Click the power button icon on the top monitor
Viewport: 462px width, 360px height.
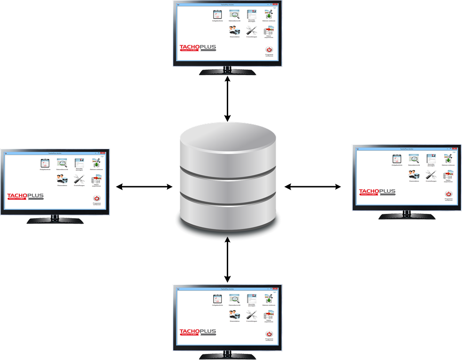269,49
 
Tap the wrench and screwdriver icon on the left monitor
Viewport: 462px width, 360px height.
79,178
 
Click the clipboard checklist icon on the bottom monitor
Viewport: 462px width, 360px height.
217,298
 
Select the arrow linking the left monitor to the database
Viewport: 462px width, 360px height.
145,187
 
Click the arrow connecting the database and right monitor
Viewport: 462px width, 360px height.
313,187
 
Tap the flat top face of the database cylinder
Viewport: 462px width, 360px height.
228,139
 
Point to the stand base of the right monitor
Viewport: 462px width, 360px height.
407,217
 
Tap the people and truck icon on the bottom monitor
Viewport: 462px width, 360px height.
234,315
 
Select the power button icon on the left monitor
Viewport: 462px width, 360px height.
97,199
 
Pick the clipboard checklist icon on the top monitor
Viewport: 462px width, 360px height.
217,15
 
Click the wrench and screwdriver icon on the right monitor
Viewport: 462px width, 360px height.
431,175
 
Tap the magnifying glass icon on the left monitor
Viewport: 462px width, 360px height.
62,163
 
